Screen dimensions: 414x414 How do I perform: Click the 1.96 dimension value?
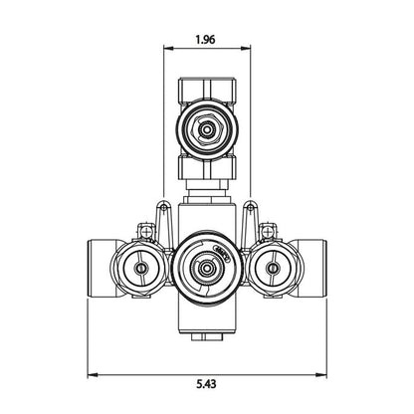point(206,43)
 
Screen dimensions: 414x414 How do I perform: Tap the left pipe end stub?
point(103,267)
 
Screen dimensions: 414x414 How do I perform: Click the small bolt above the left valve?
point(145,233)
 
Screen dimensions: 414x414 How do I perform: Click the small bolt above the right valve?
point(266,233)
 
